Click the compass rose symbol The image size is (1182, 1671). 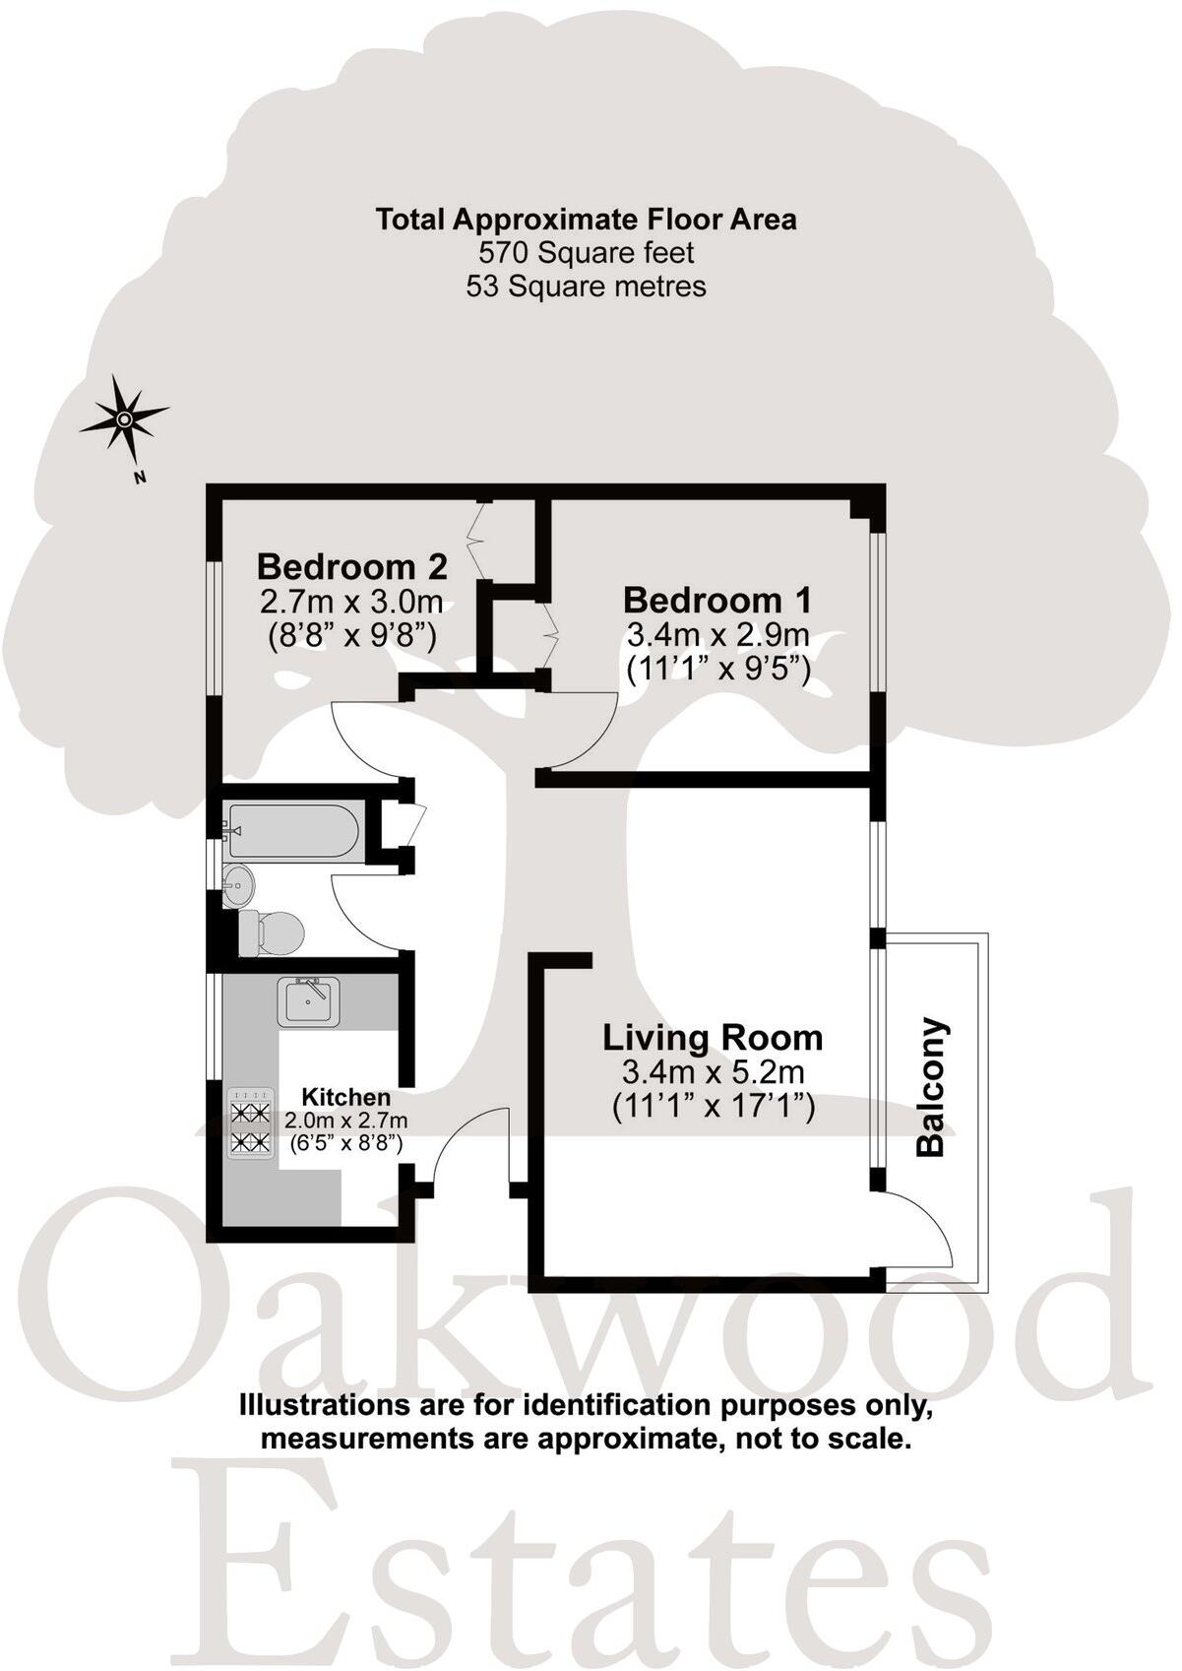124,419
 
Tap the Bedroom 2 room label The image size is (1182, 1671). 351,567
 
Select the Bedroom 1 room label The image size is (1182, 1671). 717,600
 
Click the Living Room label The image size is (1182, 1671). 713,1038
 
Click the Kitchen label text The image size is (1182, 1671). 345,1097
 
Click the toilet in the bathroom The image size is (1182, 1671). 270,932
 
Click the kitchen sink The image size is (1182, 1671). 308,1002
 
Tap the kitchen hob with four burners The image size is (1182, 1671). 250,1125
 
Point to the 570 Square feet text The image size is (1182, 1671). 587,253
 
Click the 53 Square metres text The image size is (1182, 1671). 587,287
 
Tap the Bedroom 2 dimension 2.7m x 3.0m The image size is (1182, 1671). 351,601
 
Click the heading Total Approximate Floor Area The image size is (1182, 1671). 587,219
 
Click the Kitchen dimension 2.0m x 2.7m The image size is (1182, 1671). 345,1120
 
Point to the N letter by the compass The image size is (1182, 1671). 140,480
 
